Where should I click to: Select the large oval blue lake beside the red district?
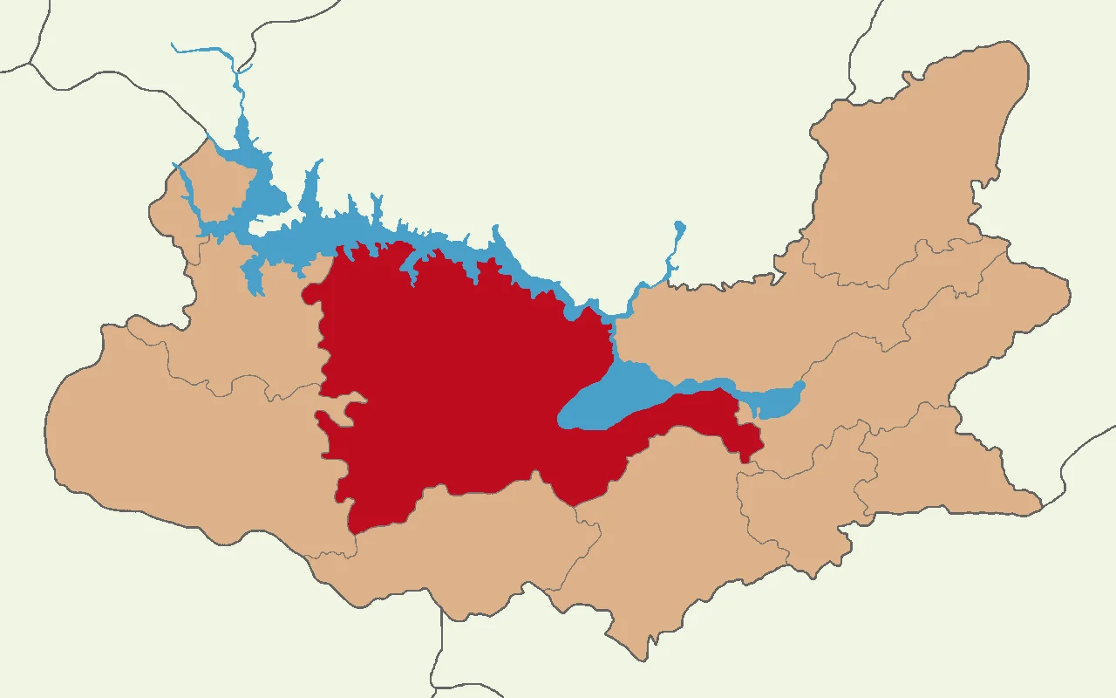tap(610, 397)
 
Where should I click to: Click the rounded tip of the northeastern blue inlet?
tap(680, 228)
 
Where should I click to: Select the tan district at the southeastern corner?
tap(942, 462)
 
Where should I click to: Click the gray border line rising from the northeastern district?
tap(859, 52)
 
